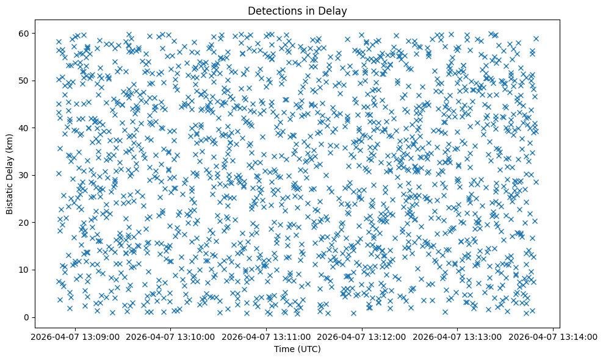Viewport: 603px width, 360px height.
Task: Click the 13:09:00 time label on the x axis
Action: pos(75,336)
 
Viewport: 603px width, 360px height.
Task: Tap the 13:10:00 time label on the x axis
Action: pos(171,336)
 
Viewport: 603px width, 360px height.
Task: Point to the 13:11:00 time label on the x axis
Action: pos(267,336)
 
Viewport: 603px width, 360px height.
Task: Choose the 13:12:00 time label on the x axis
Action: pos(363,336)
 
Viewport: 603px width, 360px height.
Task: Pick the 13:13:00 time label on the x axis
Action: pos(458,336)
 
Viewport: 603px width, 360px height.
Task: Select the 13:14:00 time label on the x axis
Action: pos(554,336)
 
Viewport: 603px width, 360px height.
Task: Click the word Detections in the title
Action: pos(272,10)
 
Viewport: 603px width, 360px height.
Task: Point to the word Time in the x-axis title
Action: pos(283,349)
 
